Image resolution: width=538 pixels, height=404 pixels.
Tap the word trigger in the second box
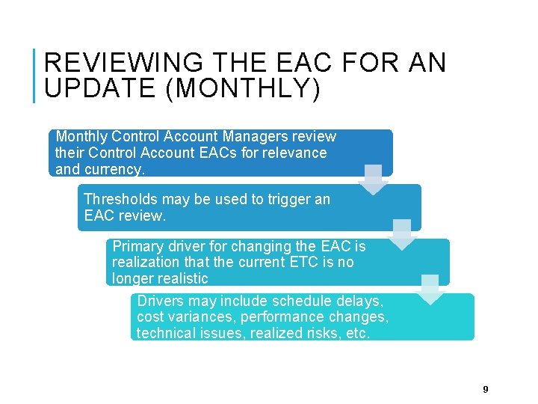[x=288, y=199]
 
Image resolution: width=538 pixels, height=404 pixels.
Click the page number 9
[x=486, y=389]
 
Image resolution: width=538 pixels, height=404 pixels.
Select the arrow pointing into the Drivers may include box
[x=430, y=290]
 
